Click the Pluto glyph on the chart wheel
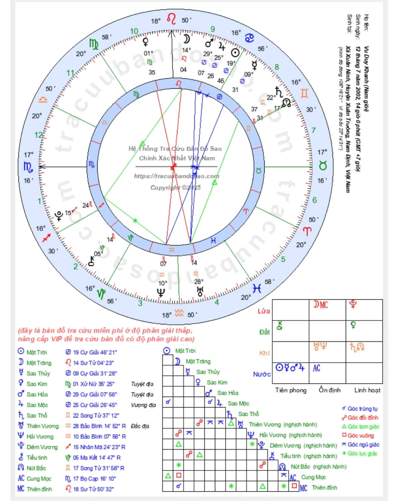(x=59, y=216)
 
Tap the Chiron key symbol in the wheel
(x=91, y=261)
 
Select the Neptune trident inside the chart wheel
(x=161, y=292)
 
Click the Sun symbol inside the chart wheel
(x=235, y=53)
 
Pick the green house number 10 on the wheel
(x=134, y=31)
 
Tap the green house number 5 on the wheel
(x=283, y=259)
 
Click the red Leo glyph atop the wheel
(x=171, y=19)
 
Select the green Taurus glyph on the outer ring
(x=322, y=166)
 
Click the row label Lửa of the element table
(x=264, y=311)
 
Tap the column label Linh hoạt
(x=367, y=390)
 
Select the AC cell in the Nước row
(x=316, y=368)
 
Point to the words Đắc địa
(x=140, y=426)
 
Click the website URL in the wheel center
(x=177, y=176)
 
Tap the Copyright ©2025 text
(x=175, y=188)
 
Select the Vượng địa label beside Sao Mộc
(x=143, y=405)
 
